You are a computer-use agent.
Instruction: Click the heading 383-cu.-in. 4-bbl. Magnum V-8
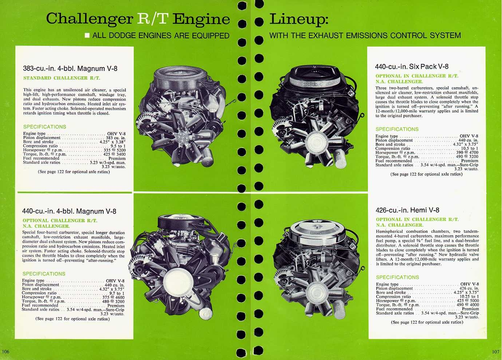point(70,68)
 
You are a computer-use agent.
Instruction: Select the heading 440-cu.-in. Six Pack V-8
point(411,67)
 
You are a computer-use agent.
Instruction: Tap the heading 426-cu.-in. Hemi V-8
point(407,210)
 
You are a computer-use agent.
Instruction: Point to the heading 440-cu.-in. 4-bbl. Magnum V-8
point(69,211)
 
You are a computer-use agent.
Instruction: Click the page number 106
point(5,351)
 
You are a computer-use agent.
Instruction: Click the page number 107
point(495,352)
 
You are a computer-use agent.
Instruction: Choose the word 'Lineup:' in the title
point(299,19)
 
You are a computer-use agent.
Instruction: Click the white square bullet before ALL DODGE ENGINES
point(87,36)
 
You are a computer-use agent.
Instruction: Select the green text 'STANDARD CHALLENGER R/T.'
point(61,78)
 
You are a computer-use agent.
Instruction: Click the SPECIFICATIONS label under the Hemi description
point(397,277)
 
